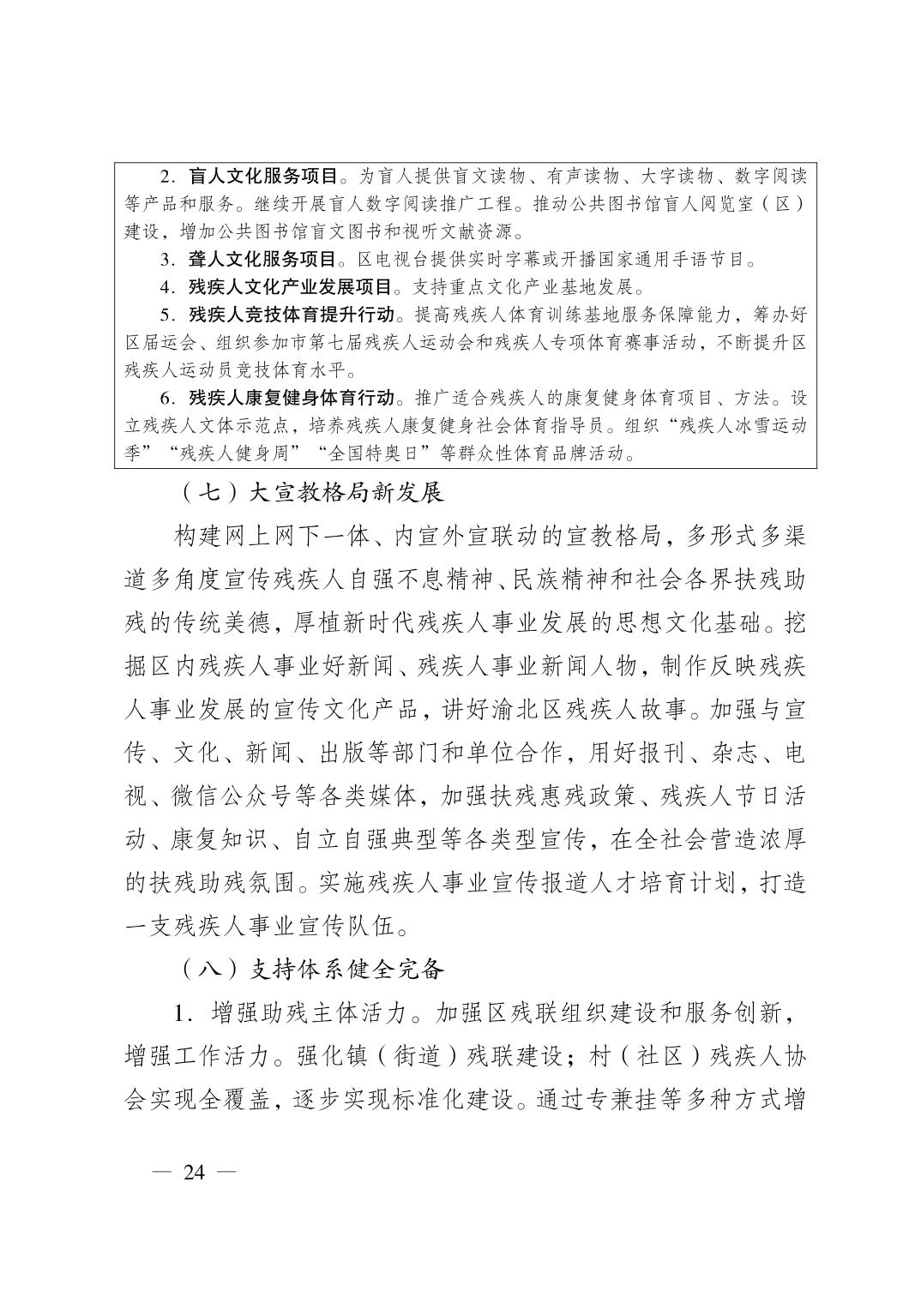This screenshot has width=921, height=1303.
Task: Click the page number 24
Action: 195,1173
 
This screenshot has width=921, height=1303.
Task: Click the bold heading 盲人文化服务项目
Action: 262,177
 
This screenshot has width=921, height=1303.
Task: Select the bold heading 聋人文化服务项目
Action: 262,260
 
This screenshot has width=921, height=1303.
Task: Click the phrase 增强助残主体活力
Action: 309,1013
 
